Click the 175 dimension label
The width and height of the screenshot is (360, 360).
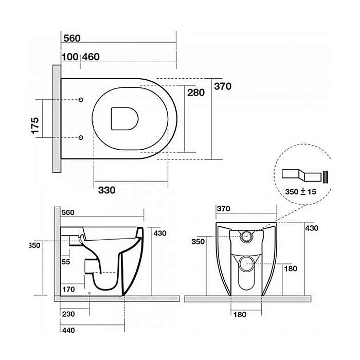click(x=35, y=125)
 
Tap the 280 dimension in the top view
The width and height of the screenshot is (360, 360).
click(x=196, y=93)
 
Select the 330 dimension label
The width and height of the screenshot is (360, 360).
click(x=107, y=190)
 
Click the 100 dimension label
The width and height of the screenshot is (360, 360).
click(x=70, y=57)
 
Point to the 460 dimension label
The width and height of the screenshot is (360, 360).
click(x=91, y=57)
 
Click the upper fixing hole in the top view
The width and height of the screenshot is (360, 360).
click(x=81, y=100)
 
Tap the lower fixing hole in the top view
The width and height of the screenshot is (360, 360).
click(x=81, y=137)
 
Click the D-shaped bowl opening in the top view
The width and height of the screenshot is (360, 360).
click(x=124, y=119)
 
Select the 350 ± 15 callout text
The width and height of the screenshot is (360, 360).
click(x=300, y=191)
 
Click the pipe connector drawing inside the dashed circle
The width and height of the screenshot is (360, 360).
click(x=305, y=176)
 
